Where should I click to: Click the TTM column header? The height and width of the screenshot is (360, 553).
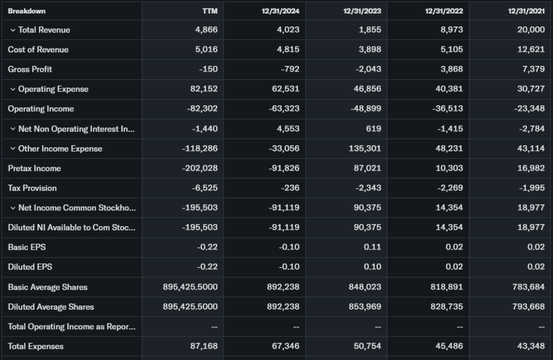[210, 11]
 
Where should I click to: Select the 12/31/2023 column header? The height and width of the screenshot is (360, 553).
[362, 11]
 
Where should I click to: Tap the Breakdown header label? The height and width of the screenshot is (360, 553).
[26, 11]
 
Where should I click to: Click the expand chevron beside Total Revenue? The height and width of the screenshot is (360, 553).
[13, 30]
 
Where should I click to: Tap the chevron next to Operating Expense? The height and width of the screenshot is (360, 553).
[13, 89]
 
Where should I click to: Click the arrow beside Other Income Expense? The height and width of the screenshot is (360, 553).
[13, 148]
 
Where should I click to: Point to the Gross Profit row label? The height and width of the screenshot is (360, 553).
[30, 69]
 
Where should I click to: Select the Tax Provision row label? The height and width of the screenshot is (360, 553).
[32, 188]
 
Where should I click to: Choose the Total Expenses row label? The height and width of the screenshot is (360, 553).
[35, 346]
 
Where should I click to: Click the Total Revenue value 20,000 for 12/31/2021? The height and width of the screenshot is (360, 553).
[531, 30]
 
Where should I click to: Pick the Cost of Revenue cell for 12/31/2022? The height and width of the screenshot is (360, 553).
[449, 50]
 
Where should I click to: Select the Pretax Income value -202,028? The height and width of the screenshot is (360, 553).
[199, 168]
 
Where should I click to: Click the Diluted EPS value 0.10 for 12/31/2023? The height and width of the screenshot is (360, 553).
[371, 267]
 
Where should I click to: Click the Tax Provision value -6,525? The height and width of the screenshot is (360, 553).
[204, 188]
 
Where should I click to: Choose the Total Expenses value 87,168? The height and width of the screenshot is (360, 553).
[205, 346]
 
